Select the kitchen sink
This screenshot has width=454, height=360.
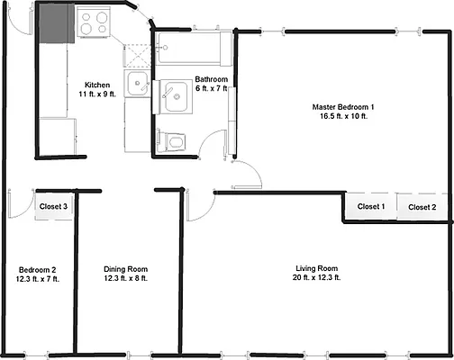coord(137,87)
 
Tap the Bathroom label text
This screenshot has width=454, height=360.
coord(211,81)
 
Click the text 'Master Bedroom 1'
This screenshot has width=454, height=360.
coord(343,107)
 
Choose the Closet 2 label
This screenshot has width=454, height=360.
coord(422,207)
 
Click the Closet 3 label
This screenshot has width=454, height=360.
coord(53,207)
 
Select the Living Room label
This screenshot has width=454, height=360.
coord(316,269)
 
